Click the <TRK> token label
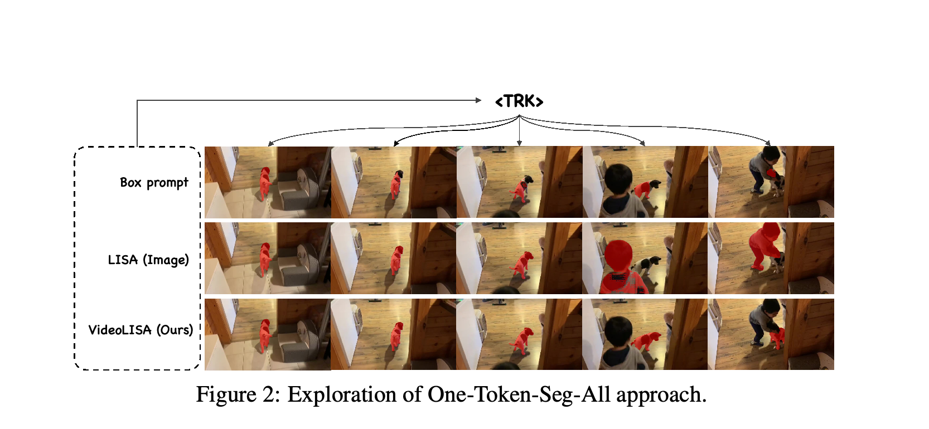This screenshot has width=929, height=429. coord(519,101)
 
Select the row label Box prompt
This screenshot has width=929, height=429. coord(154,182)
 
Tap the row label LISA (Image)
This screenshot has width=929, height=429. coord(148,260)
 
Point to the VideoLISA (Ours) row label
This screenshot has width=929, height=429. coord(141,330)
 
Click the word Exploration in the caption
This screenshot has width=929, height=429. coord(342,394)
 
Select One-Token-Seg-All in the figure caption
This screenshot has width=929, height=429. coord(519,394)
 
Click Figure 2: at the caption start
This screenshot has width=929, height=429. coord(238,394)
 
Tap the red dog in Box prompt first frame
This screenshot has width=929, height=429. coord(265,184)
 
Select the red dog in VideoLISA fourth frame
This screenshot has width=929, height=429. coord(646,341)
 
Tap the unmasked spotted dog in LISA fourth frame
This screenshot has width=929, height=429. coord(648,266)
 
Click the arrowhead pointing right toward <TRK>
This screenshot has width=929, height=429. coord(478,100)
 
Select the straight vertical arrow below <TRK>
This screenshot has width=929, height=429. coord(519,131)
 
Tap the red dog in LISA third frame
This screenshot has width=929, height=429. coord(522,265)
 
